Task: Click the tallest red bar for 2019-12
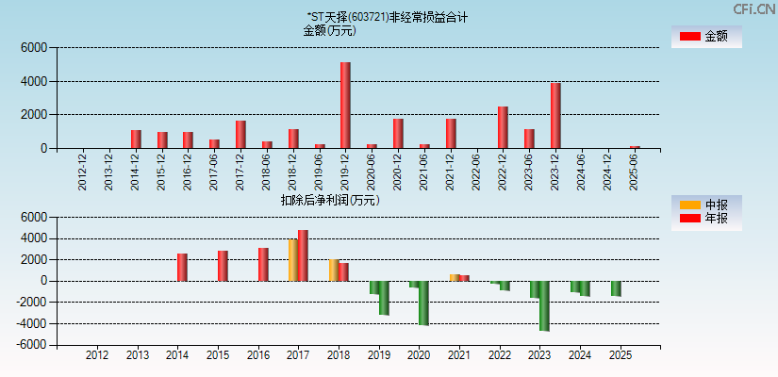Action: pos(345,105)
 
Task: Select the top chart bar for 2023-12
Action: pos(555,115)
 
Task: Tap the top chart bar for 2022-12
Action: pos(503,127)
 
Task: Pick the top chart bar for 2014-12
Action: pos(136,139)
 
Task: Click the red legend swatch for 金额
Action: pos(689,36)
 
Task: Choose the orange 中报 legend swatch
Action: pos(689,205)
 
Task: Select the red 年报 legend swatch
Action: pos(689,219)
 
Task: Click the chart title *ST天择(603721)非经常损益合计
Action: pos(388,17)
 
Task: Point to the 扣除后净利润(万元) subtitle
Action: pos(330,200)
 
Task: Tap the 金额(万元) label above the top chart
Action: pos(329,30)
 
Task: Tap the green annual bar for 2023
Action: pos(544,305)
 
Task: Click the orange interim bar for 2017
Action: pos(293,260)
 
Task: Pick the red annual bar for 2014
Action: pos(182,267)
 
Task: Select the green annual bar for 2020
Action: pos(423,303)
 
